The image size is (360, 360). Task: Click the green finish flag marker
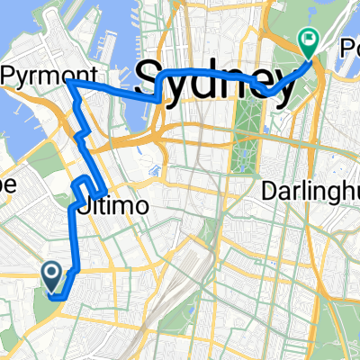click(x=308, y=40)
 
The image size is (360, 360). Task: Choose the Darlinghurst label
click(x=310, y=191)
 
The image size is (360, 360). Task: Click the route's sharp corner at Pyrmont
click(x=67, y=81)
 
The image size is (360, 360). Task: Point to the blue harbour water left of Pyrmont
click(x=18, y=99)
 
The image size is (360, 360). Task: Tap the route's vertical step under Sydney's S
click(x=159, y=88)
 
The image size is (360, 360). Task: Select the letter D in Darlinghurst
click(x=268, y=191)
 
